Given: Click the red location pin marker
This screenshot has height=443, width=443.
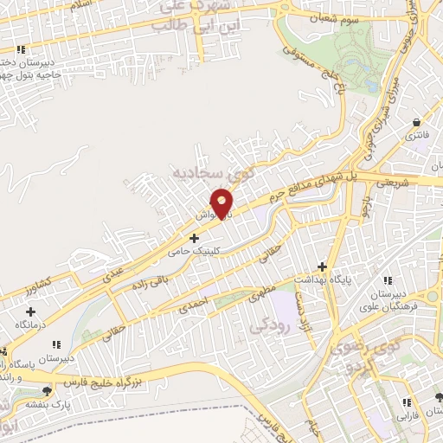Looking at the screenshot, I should [222, 203].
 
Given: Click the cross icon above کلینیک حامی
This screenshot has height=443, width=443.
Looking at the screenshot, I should [194, 236].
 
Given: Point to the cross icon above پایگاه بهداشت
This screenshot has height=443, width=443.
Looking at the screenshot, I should [323, 266].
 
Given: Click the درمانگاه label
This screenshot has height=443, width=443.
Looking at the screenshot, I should [32, 324].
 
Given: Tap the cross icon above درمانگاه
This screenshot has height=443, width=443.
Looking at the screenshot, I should [32, 311].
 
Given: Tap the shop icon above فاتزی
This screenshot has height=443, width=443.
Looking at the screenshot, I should [418, 123].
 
